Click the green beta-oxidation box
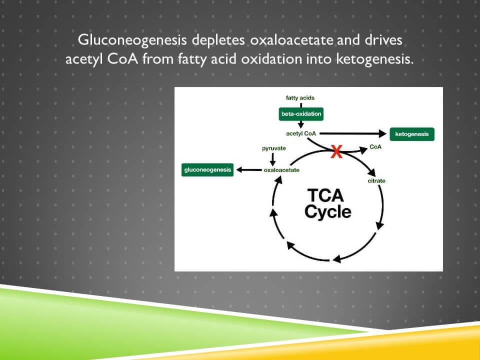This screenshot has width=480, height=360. (x=301, y=114)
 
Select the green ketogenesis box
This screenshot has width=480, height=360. (x=412, y=134)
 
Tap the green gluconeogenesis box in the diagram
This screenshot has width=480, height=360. (x=207, y=170)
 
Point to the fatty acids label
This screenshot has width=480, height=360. (x=300, y=98)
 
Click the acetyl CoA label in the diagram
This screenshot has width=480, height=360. (x=300, y=134)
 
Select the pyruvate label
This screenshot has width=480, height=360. (x=274, y=149)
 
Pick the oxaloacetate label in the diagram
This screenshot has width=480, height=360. (x=281, y=170)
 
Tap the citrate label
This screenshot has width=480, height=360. (x=376, y=180)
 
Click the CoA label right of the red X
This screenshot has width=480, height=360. (x=375, y=147)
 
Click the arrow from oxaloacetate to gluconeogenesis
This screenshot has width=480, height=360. (x=248, y=170)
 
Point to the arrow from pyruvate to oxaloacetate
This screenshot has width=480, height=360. (x=273, y=159)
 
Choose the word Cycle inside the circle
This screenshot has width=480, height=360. (x=328, y=211)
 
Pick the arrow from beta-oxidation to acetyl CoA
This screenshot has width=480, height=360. (x=300, y=124)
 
